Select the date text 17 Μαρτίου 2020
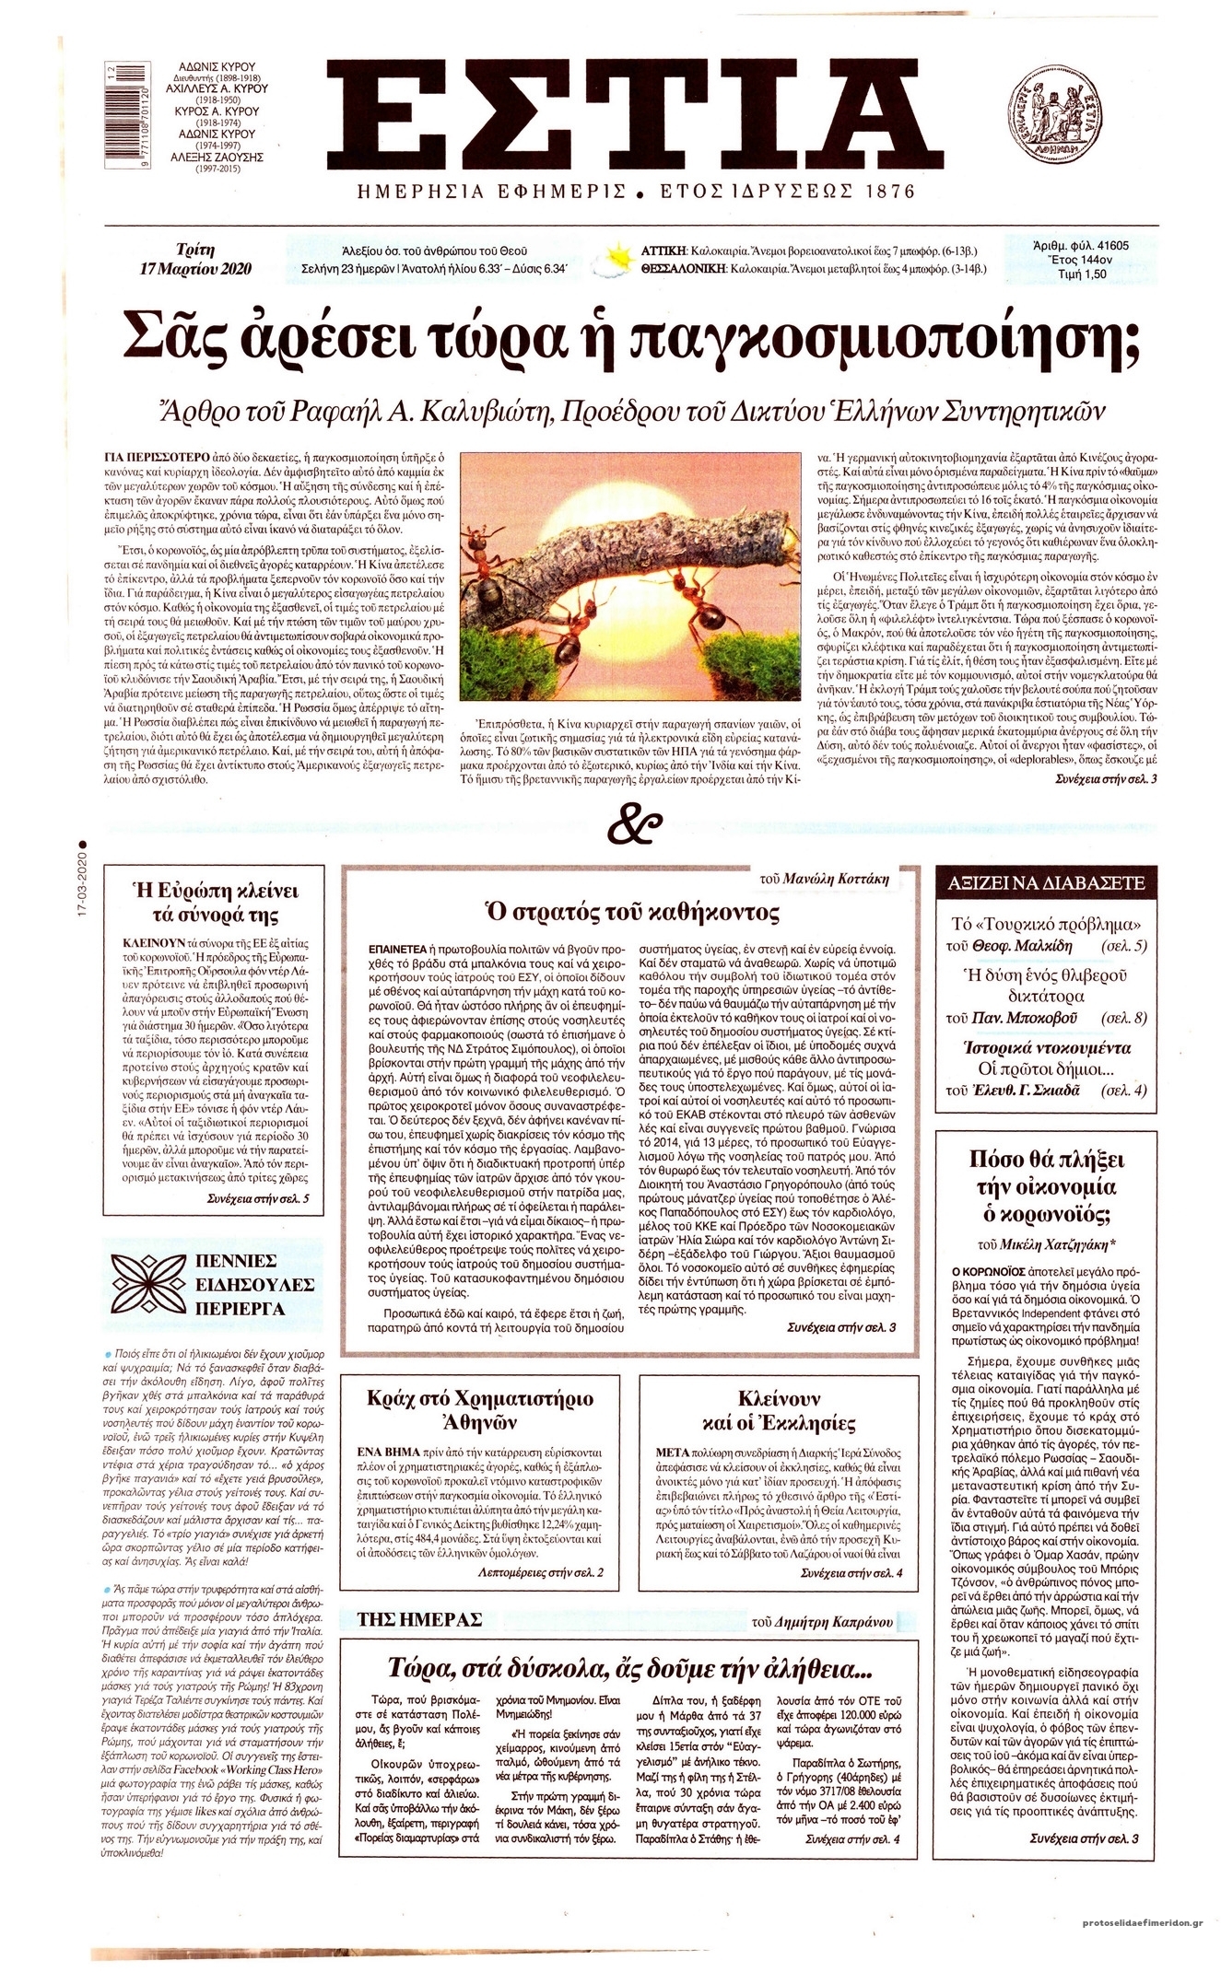pos(194,269)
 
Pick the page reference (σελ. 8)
pos(1128,1018)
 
